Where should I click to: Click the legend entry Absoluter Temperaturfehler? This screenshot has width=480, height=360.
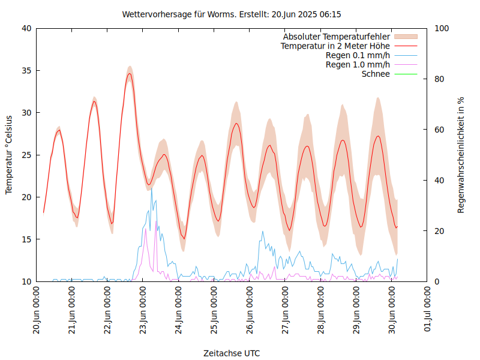point(337,37)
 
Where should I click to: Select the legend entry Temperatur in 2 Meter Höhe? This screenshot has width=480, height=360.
point(335,46)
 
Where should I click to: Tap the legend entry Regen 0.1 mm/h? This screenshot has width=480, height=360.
point(358,55)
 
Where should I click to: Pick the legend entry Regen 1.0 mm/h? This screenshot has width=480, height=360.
point(358,64)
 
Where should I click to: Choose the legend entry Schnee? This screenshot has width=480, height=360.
point(376,74)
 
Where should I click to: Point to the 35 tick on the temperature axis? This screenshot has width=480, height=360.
point(27,70)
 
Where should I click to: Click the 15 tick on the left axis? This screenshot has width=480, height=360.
point(27,239)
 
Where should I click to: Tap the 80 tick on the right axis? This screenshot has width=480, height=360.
point(439,79)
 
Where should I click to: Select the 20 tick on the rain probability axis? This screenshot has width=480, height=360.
point(439,231)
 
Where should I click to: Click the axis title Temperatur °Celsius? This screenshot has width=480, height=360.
point(9,154)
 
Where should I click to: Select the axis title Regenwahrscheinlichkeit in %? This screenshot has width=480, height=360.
point(461,154)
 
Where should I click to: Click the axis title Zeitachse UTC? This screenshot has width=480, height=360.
point(232,353)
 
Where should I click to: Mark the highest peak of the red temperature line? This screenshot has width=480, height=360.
point(129,74)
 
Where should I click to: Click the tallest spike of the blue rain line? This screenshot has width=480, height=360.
point(151,188)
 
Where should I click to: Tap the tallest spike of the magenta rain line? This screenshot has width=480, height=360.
point(156,221)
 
